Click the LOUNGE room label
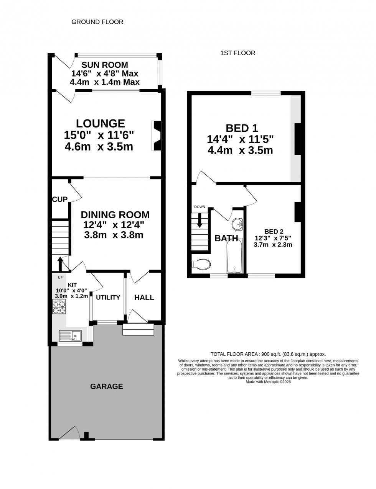coord(100,123)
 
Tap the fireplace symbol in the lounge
coord(157,136)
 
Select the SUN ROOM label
coord(105,65)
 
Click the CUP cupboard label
coord(60,199)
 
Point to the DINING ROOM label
coord(115,215)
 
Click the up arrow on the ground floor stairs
coord(60,264)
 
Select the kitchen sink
coord(70,335)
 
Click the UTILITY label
coord(108,298)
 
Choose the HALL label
coord(144,298)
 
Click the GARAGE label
coord(106,386)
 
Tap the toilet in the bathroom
coord(201,264)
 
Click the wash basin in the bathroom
coord(238,224)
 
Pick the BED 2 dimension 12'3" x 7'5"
coord(274,238)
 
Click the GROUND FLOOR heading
coord(97,22)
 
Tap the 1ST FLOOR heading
coord(237,53)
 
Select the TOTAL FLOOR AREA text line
coord(268,354)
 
